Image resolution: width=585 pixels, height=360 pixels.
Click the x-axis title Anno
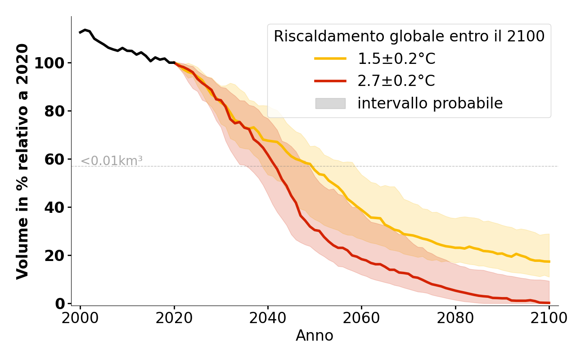[315, 336]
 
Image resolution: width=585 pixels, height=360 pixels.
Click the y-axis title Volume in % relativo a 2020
[23, 161]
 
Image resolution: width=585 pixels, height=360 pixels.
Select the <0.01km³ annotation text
[112, 161]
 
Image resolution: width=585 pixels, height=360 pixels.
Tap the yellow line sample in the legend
[330, 58]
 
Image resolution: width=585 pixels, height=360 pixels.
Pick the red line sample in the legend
[330, 81]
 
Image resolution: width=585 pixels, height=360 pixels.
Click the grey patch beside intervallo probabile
[330, 103]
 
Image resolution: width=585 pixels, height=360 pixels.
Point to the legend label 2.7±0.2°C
[396, 81]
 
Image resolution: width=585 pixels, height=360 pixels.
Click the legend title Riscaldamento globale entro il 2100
[409, 36]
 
